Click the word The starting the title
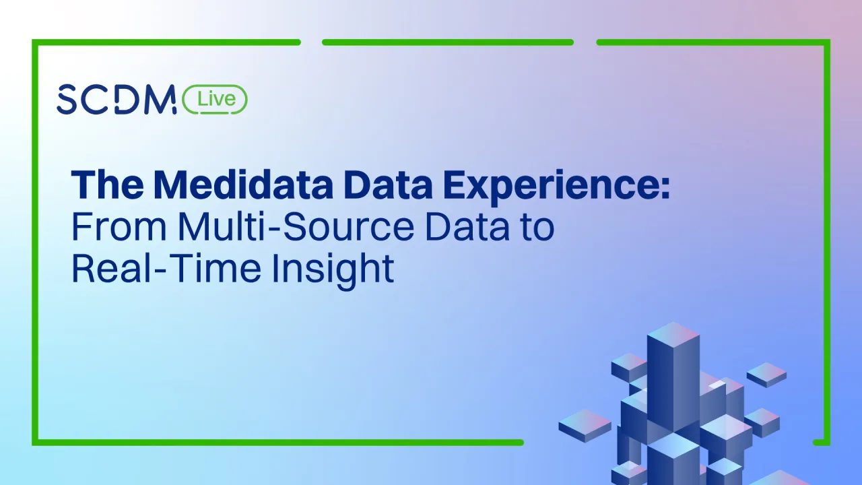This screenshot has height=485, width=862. click(108, 184)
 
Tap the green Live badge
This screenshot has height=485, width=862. click(215, 100)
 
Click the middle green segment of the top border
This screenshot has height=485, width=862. click(448, 42)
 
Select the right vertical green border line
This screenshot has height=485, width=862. click(827, 243)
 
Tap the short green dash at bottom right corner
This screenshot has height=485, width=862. click(821, 443)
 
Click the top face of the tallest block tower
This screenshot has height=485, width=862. click(673, 335)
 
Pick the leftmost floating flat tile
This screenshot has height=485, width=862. click(585, 424)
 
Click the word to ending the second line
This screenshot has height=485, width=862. click(537, 227)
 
